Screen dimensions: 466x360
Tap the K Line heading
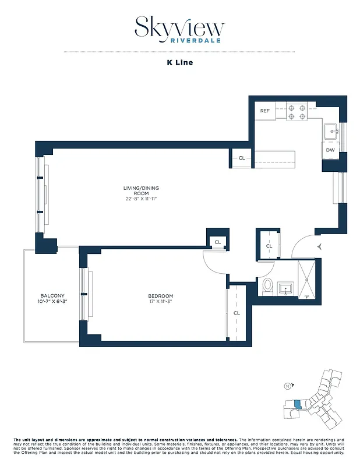179,62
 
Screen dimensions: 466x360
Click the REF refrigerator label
265,111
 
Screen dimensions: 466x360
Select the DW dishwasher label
330,150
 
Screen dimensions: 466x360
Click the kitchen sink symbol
331,131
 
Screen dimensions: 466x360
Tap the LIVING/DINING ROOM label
140,191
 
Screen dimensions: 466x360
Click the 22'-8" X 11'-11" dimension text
140,199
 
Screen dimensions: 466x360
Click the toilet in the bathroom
267,287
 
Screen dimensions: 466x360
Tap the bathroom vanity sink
285,288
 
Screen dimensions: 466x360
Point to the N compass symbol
287,386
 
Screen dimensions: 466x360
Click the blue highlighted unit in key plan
298,404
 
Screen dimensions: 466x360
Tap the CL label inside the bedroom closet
237,313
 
